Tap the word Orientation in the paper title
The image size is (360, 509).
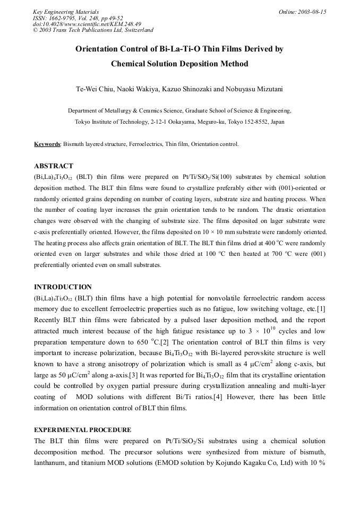[x=98, y=49]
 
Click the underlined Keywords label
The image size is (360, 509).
[x=47, y=144]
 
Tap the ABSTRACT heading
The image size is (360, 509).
[x=54, y=166]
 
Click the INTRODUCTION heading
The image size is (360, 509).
[x=63, y=287]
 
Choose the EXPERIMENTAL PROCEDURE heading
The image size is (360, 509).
[x=82, y=429]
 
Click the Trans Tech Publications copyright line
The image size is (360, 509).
[x=93, y=30]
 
